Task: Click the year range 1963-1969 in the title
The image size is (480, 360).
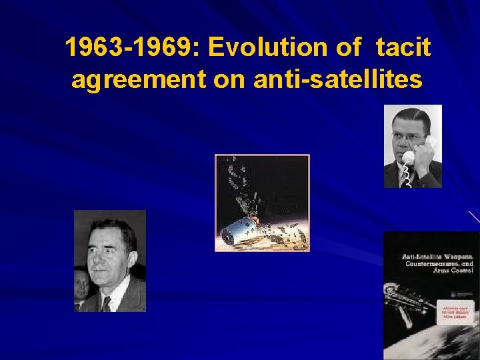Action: [131, 48]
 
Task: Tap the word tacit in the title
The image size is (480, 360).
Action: [403, 48]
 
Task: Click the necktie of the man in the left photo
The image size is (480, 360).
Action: [106, 304]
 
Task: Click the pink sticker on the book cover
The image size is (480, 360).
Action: [455, 314]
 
